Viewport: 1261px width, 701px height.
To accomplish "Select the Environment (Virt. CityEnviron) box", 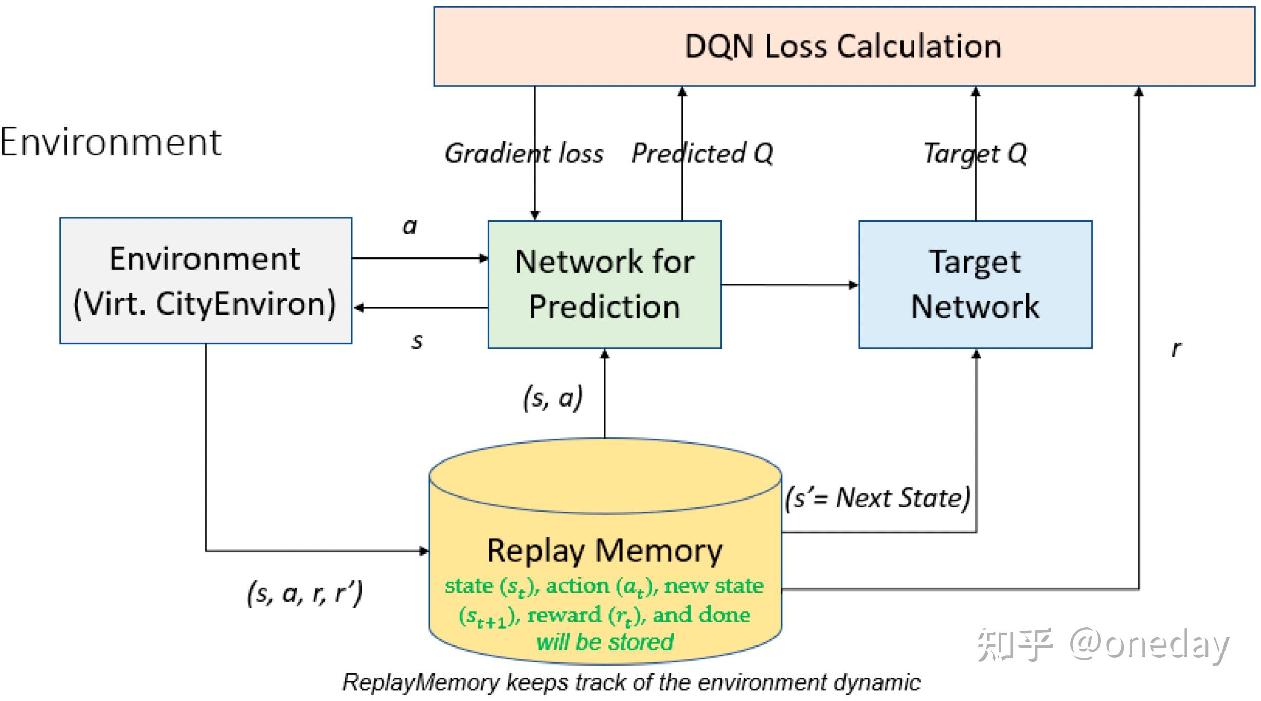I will (205, 281).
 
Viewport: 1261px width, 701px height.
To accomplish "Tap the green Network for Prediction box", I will (604, 284).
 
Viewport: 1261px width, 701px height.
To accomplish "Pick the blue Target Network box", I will (975, 284).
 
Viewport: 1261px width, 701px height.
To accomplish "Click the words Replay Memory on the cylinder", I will (604, 551).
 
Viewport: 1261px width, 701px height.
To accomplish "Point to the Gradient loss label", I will (524, 154).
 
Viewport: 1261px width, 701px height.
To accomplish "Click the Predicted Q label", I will (702, 154).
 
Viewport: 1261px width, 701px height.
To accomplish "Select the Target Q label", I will (975, 154).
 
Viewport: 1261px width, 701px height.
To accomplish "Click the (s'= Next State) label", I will (877, 498).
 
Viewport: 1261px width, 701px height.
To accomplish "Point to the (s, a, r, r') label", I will (305, 594).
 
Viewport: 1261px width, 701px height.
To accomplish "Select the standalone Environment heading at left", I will (111, 142).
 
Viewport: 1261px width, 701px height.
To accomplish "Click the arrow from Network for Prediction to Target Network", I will (789, 285).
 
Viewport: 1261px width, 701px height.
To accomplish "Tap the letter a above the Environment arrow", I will (409, 226).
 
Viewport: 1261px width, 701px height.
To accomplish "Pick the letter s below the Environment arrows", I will (417, 341).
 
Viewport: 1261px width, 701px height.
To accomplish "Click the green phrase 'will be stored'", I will (605, 642).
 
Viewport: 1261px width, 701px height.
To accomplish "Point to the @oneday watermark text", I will (1149, 644).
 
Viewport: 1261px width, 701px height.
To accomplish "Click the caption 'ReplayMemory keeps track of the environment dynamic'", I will (631, 682).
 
